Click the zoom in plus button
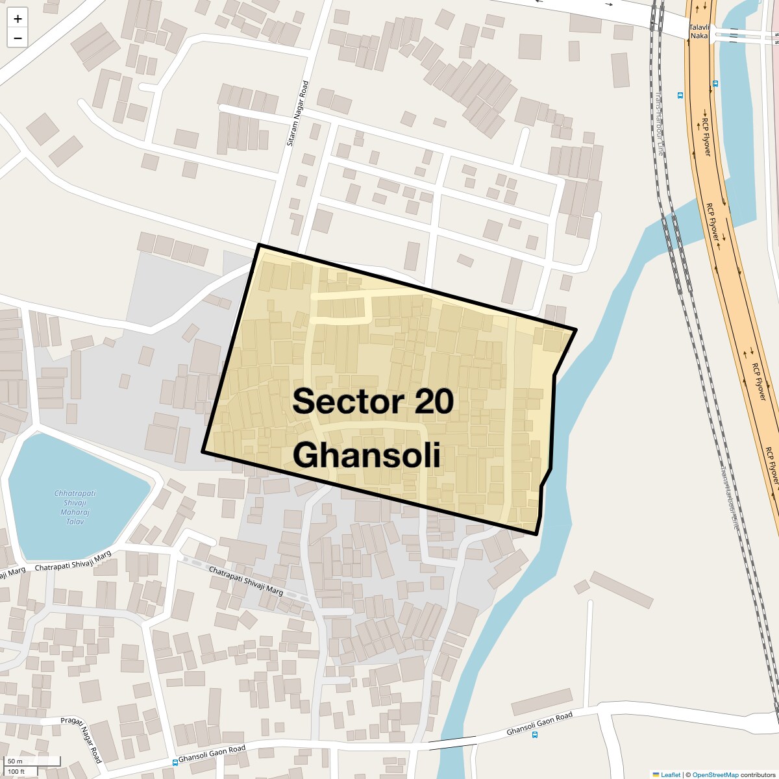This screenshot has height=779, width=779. tap(18, 19)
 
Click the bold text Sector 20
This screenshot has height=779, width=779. tap(373, 401)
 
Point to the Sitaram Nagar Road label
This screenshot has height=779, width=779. tap(298, 113)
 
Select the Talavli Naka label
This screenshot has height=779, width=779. tap(699, 31)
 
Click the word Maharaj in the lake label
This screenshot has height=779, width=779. tap(75, 512)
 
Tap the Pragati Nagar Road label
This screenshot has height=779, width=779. tap(82, 739)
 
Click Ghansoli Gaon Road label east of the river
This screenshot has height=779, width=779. tap(539, 724)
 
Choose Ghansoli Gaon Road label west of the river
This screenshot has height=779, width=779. tap(212, 754)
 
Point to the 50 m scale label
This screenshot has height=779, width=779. tap(15, 761)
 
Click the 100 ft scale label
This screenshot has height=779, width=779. tap(16, 771)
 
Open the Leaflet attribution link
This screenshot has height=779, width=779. tap(671, 774)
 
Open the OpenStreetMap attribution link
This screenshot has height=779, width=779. tap(715, 774)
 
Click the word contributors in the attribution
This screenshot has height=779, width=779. tap(758, 774)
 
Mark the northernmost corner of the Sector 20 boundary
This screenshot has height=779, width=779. tap(259, 245)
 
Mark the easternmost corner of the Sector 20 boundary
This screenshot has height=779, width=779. tap(576, 330)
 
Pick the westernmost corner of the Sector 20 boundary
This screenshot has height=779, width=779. tap(203, 451)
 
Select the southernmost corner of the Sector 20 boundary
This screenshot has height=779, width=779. tap(536, 534)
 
